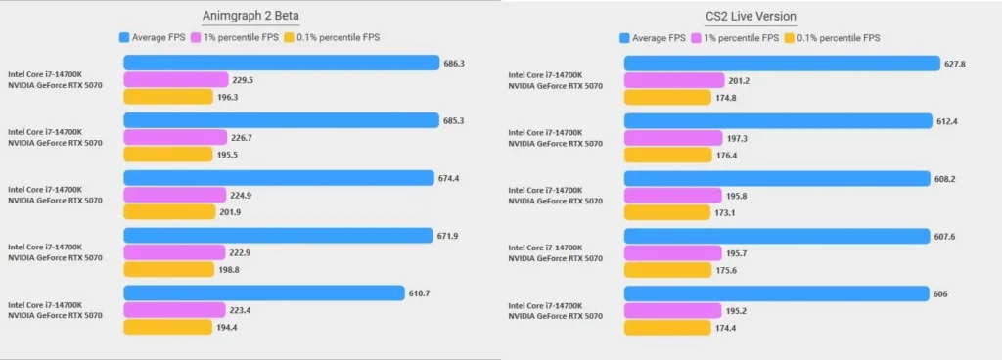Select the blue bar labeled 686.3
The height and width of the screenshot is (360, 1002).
click(281, 63)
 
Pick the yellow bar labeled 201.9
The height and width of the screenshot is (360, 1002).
click(169, 211)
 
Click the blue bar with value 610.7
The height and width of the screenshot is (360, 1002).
click(264, 293)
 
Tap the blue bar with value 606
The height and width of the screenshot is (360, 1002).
click(776, 294)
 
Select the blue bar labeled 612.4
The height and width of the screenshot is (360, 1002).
click(778, 121)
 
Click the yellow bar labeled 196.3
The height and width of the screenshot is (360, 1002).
click(167, 97)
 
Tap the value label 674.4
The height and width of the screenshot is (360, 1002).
click(449, 178)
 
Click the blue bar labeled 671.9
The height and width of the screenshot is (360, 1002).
click(278, 236)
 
